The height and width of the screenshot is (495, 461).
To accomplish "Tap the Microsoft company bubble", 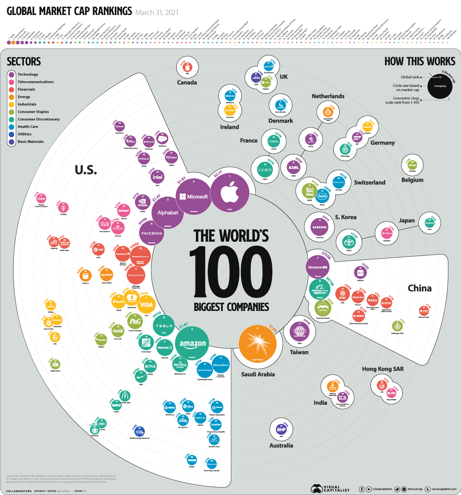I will [194, 196].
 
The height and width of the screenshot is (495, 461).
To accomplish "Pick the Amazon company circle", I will [192, 343].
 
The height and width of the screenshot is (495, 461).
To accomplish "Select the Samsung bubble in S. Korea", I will [320, 227].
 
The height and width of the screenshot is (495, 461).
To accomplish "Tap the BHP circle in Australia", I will [282, 430].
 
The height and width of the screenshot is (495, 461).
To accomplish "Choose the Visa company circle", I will [146, 305].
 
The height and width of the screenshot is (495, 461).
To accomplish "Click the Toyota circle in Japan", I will [348, 242].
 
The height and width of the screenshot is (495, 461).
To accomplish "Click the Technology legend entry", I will [28, 75].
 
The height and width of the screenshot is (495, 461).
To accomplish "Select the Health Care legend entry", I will [28, 127].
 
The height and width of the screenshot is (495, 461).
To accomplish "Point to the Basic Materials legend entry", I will [30, 142].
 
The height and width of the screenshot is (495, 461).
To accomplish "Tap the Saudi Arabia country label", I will [258, 374].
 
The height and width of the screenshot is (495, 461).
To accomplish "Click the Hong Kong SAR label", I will [383, 369].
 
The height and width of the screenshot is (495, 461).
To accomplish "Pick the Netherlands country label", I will [328, 96].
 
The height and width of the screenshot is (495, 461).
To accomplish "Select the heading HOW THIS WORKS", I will [420, 61].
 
